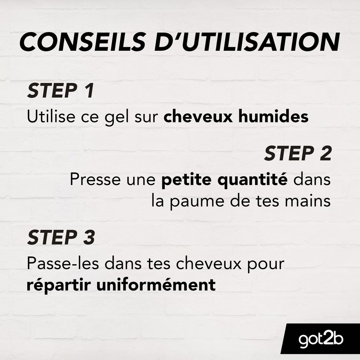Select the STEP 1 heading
click(60, 91)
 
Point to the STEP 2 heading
click(297, 154)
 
